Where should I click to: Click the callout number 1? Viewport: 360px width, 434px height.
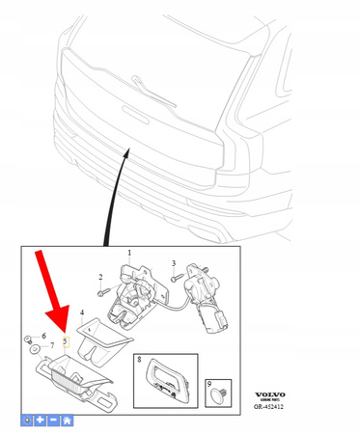coord(130,254)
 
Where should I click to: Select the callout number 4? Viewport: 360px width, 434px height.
coord(82,312)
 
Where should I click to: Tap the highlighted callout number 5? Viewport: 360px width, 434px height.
coord(66,340)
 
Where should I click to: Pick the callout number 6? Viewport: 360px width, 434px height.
coord(43,335)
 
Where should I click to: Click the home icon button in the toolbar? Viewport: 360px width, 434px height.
coord(67,420)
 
